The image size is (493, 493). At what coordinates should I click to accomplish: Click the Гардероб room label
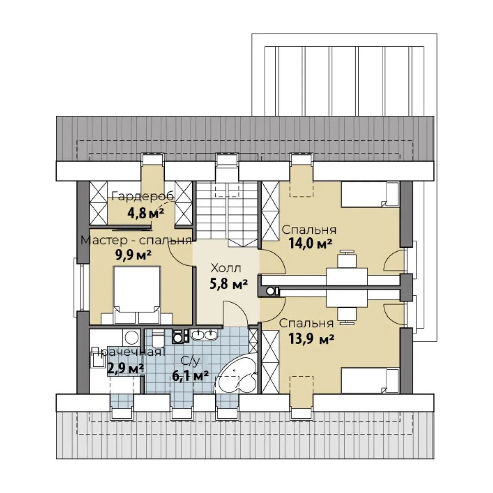click(143, 196)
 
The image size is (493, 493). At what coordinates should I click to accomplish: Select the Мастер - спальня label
click(136, 240)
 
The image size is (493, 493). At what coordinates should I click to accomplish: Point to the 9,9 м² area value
click(134, 255)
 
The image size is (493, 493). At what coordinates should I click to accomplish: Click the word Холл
click(226, 268)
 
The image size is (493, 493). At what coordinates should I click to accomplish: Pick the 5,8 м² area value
click(229, 284)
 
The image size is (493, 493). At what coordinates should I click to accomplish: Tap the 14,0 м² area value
click(311, 244)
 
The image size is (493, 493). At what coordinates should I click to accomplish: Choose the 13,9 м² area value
click(311, 339)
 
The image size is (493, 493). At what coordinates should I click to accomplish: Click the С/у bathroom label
click(190, 362)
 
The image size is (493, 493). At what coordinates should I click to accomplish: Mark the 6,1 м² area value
click(190, 375)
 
